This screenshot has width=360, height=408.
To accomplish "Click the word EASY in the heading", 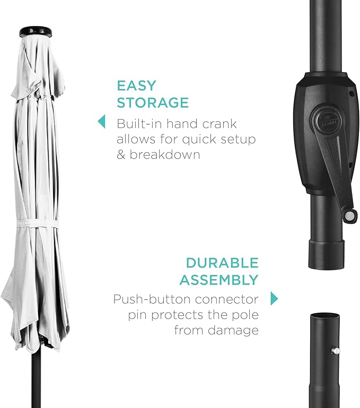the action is (136, 86).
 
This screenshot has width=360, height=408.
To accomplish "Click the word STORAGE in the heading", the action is (153, 102).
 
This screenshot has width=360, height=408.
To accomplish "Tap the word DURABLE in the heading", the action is (222, 263).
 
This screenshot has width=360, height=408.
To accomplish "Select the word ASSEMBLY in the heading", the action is (219, 280).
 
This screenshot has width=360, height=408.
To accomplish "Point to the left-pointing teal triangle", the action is (101, 121).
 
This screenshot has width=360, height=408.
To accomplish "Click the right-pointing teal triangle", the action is (274, 298).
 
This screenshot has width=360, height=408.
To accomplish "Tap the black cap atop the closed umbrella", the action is (36, 31).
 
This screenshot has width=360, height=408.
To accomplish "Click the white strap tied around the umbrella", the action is (37, 223).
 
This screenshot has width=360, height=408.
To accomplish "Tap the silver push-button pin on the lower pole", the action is (336, 351).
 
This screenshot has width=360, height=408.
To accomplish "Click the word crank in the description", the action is (219, 123).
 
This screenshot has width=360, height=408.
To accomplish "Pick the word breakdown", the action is (165, 155).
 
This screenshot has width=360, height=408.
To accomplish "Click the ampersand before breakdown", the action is (121, 155).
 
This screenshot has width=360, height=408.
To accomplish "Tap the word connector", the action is (226, 299).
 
